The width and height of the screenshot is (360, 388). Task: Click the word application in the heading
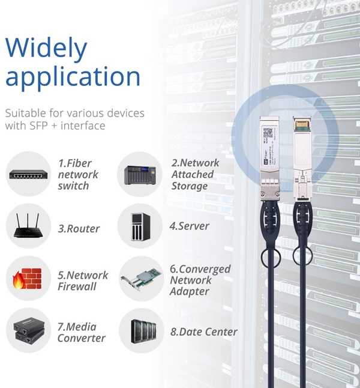point(73,77)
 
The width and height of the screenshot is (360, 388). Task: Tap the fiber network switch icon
point(28,175)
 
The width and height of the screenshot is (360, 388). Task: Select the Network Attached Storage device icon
point(139,175)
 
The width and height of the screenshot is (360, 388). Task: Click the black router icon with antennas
point(28,227)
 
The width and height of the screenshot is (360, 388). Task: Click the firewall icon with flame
point(28,279)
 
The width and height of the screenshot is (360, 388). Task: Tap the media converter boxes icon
point(28,332)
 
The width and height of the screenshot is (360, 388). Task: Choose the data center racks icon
point(139,332)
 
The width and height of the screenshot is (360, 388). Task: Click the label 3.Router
point(79,229)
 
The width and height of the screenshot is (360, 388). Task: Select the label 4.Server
point(189,226)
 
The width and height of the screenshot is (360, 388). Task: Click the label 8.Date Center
point(204,332)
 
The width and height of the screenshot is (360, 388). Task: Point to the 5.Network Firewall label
point(83,280)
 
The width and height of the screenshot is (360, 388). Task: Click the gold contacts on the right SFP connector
point(301,125)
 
